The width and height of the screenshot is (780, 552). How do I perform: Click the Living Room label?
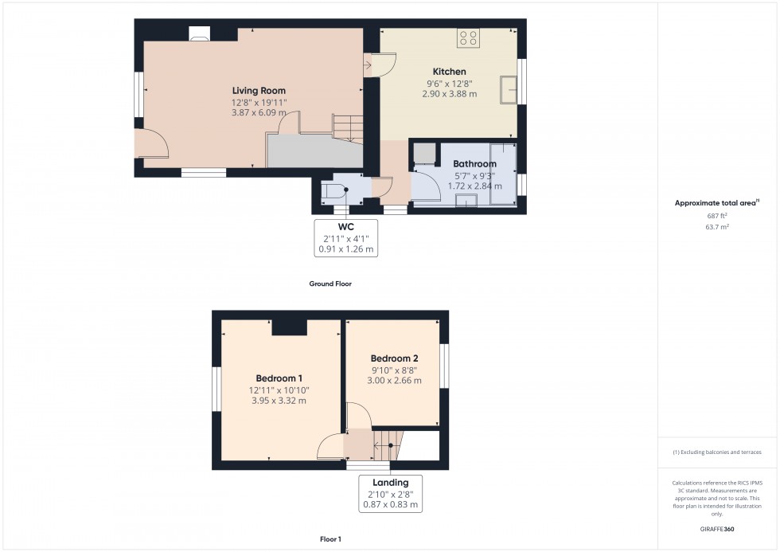259,91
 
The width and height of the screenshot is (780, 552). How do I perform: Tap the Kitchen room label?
449,72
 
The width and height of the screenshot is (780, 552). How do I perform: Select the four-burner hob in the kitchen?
468,37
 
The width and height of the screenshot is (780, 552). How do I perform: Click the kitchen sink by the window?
507,90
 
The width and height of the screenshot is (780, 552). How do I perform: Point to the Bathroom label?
474,164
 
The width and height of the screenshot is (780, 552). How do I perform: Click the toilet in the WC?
332,191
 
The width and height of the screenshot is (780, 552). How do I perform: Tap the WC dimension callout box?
345,238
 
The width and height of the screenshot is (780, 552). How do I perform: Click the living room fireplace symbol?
200,33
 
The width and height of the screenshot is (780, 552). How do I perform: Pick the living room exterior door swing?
151,143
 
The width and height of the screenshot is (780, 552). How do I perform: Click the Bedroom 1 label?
279,378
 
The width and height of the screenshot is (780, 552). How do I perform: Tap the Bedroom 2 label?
394,358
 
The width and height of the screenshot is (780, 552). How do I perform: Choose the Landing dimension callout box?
390,493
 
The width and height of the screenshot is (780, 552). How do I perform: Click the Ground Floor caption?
330,284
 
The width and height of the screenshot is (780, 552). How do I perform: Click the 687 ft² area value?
713,215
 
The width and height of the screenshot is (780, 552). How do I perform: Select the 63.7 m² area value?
713,226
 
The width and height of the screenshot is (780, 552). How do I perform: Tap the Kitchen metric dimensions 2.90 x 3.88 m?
449,94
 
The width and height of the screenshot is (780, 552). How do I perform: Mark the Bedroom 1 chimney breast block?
289,327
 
